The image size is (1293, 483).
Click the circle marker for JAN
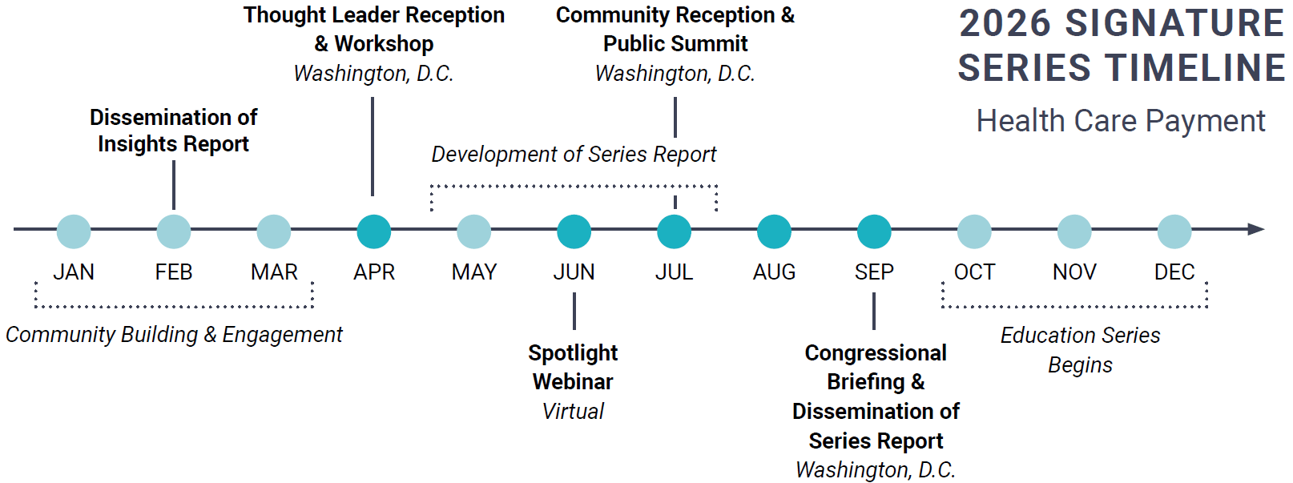(x=74, y=231)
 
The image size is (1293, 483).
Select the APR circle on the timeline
(x=374, y=231)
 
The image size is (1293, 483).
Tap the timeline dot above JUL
(x=675, y=231)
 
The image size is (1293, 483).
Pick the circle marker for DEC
(x=1174, y=231)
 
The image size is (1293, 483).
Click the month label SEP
(x=874, y=272)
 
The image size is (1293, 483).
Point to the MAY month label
(x=474, y=272)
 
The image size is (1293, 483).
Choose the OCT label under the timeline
(x=974, y=272)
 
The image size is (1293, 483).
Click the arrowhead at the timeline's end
(x=1257, y=229)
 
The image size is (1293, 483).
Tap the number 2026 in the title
(x=1005, y=24)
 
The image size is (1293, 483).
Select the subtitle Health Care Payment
(x=1121, y=121)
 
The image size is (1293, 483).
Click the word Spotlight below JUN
(x=573, y=353)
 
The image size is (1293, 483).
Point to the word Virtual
(x=573, y=412)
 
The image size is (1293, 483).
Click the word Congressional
(x=876, y=353)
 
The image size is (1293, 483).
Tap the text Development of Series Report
(x=574, y=154)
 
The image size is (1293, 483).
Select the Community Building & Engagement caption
(x=174, y=335)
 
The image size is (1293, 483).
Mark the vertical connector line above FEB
(x=174, y=185)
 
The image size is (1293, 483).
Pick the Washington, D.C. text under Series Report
(x=876, y=469)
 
